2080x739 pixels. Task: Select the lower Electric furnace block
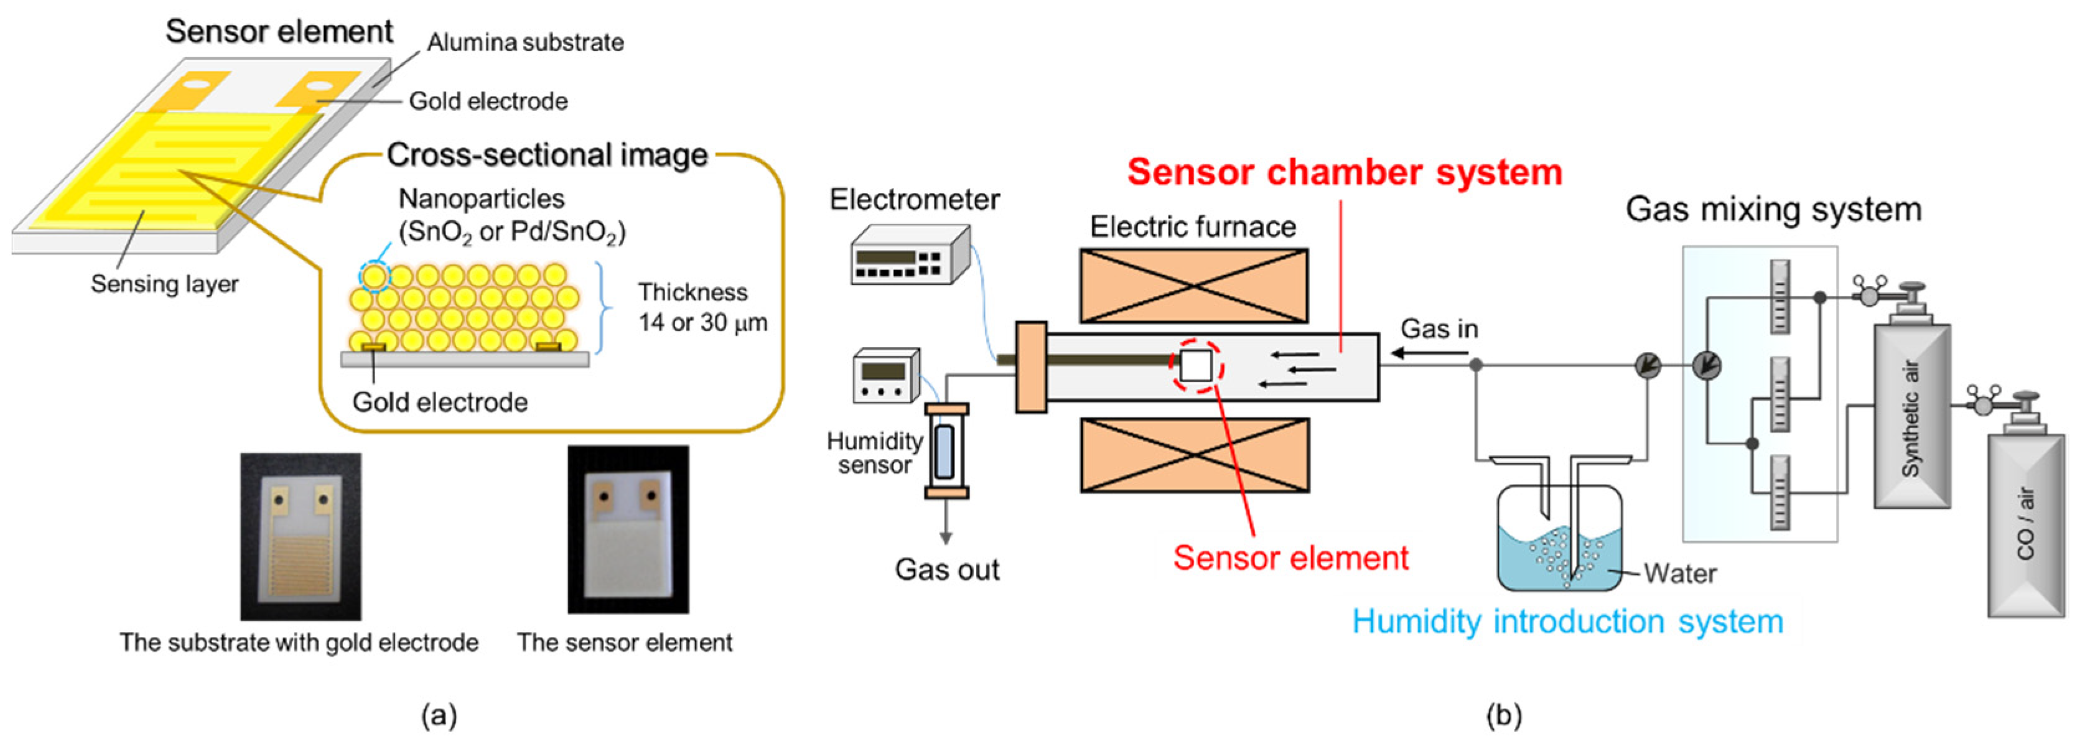[1194, 455]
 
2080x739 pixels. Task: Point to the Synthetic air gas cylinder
[1911, 416]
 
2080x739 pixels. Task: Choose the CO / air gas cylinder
[2025, 525]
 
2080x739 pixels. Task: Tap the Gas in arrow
[1429, 353]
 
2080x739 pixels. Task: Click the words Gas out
[946, 569]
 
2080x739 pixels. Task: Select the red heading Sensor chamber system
[1345, 172]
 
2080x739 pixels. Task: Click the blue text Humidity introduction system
[1567, 622]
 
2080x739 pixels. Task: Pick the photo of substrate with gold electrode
[301, 536]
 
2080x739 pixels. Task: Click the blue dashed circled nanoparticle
[374, 277]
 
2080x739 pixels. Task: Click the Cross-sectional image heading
[547, 155]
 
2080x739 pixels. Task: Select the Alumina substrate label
[525, 42]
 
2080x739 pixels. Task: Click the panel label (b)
[1503, 715]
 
